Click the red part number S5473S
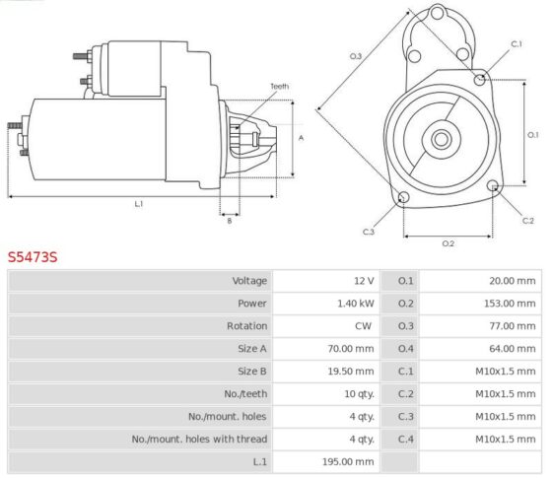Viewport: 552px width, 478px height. coord(33,257)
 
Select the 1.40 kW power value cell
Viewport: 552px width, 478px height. coord(356,304)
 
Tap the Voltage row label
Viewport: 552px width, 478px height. coord(249,281)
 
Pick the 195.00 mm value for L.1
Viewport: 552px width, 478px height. coord(348,461)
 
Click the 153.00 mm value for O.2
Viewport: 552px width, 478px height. coord(510,304)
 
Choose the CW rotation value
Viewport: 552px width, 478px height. coord(363,326)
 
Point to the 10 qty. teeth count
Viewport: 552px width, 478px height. coord(359,394)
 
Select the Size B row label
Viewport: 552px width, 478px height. coord(252,372)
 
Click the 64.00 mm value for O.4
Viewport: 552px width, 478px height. coord(513,349)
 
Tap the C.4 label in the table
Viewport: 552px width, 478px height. coord(405,439)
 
